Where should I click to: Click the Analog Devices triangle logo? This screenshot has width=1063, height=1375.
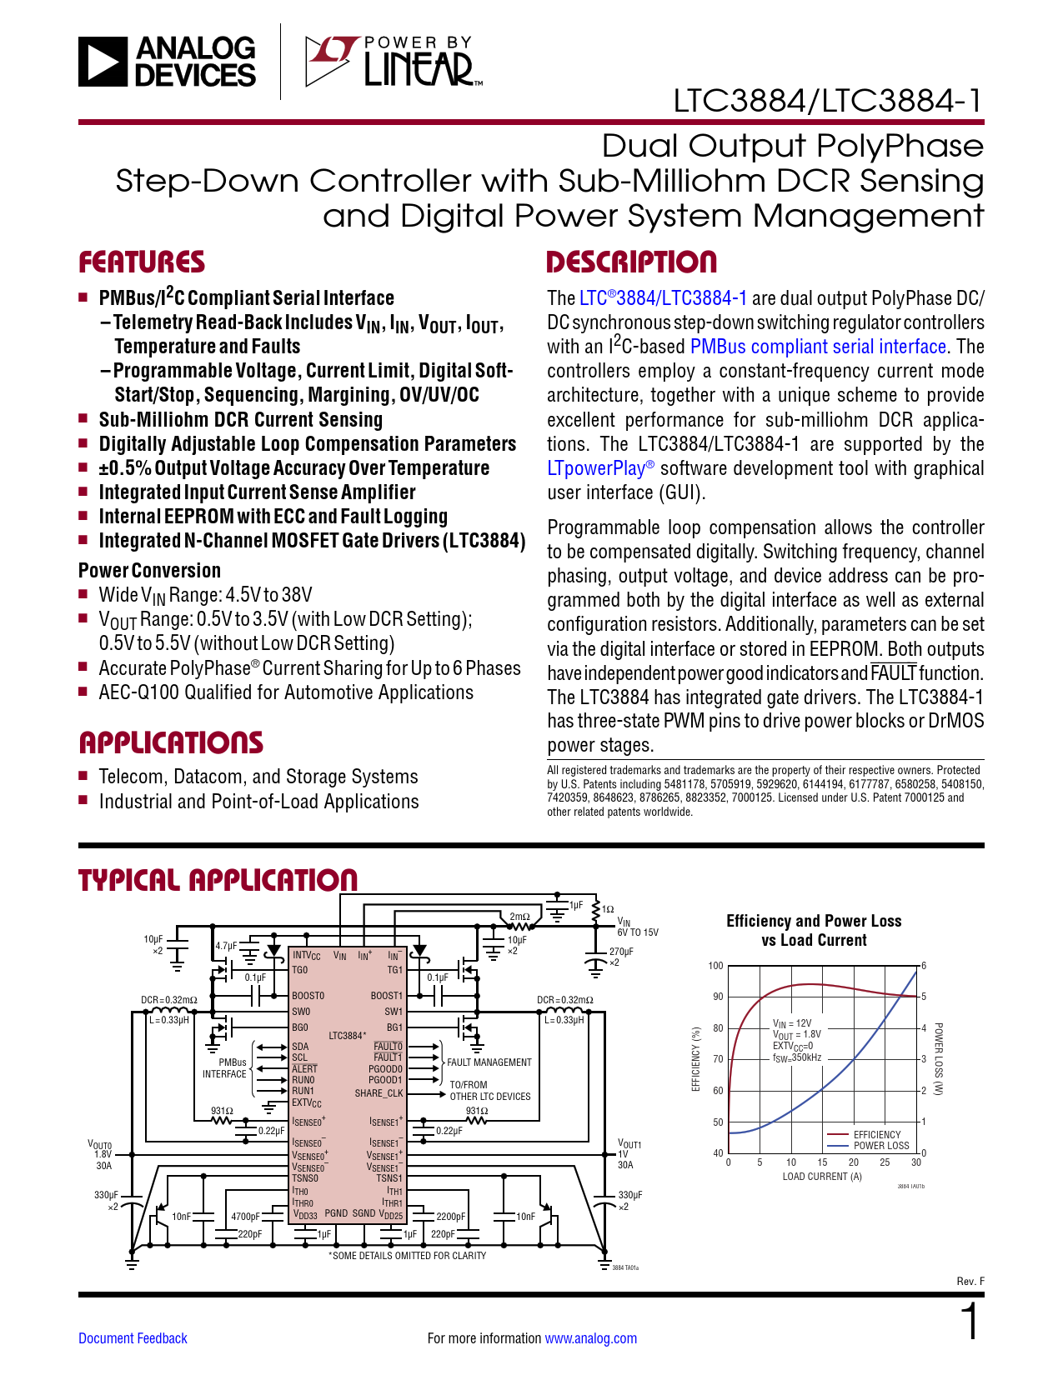[x=103, y=62]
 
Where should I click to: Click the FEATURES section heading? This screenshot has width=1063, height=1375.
[x=142, y=262]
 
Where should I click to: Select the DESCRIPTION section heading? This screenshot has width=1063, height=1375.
[x=631, y=262]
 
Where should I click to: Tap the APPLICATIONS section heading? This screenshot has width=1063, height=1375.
[x=171, y=742]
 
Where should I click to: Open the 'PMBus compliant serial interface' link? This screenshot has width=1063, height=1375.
[x=818, y=347]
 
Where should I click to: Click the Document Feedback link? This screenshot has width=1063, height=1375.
[x=133, y=1338]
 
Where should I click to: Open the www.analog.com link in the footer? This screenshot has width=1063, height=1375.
[x=590, y=1338]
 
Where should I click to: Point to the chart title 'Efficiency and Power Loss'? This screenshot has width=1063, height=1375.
[x=814, y=921]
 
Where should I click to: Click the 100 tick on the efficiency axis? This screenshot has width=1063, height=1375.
[x=715, y=966]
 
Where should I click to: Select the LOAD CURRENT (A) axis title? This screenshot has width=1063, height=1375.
[x=822, y=1177]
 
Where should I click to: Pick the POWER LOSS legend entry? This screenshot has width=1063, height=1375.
[x=881, y=1146]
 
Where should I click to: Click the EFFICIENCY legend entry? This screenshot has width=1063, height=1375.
[x=877, y=1135]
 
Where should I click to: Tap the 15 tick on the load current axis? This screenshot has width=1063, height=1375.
[x=822, y=1162]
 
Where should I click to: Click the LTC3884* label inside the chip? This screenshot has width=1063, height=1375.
[x=347, y=1036]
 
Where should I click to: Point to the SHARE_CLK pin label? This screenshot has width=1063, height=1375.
[x=379, y=1093]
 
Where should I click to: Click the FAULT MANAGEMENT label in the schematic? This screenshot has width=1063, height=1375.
[x=489, y=1062]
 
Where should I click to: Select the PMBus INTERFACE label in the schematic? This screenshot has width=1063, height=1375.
[x=225, y=1068]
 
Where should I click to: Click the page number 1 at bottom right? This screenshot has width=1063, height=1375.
[x=970, y=1322]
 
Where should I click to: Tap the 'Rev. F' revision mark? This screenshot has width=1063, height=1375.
[x=970, y=1282]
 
